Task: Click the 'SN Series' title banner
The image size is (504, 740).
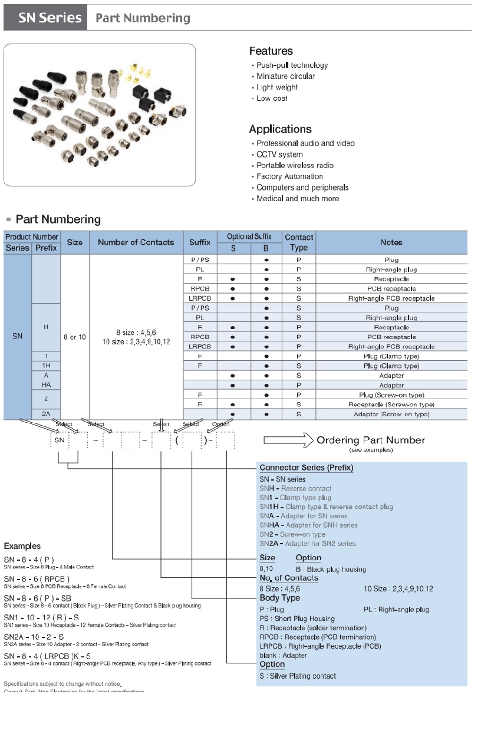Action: [46, 18]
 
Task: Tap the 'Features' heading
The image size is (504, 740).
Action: [271, 51]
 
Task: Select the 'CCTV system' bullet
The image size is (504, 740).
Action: [279, 154]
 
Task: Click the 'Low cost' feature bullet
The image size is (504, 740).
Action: [272, 98]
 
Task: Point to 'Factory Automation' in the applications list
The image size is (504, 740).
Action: [289, 176]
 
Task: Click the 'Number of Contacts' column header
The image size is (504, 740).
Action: [136, 242]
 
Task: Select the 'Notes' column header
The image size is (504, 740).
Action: [391, 242]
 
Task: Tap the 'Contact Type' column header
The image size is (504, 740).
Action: [299, 242]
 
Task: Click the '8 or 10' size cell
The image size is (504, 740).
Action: [75, 337]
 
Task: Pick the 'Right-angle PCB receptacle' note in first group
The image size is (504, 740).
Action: [391, 298]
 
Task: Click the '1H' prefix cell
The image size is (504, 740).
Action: [46, 366]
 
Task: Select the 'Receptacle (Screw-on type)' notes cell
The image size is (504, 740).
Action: [391, 404]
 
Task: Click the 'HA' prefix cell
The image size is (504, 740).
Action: [46, 385]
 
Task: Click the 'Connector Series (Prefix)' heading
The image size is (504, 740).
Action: [306, 468]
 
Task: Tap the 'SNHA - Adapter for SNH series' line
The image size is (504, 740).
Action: [308, 525]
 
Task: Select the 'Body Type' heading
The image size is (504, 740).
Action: [279, 598]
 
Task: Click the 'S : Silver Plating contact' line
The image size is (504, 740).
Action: [298, 676]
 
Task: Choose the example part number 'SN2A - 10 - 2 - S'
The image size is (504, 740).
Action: [34, 637]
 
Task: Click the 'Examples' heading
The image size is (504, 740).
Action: [22, 546]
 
